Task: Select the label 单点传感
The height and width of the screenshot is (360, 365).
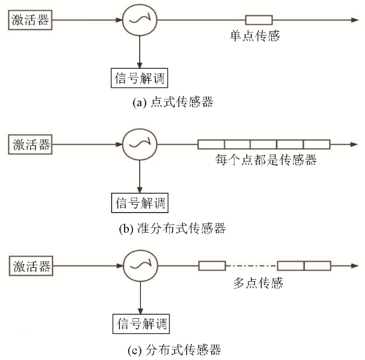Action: point(255,36)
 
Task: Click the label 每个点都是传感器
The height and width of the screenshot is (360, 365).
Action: point(266,160)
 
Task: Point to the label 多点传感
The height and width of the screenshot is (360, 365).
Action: point(258,283)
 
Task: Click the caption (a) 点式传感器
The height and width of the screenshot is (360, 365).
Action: point(173,102)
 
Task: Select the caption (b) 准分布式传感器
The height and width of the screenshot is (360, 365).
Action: point(172,228)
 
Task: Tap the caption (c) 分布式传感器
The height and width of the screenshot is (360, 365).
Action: point(174,350)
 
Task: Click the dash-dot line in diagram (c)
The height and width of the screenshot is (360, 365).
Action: point(252,266)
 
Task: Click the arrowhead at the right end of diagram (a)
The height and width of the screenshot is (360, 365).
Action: point(355,20)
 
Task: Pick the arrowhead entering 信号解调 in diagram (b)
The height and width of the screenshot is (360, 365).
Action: point(140,190)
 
